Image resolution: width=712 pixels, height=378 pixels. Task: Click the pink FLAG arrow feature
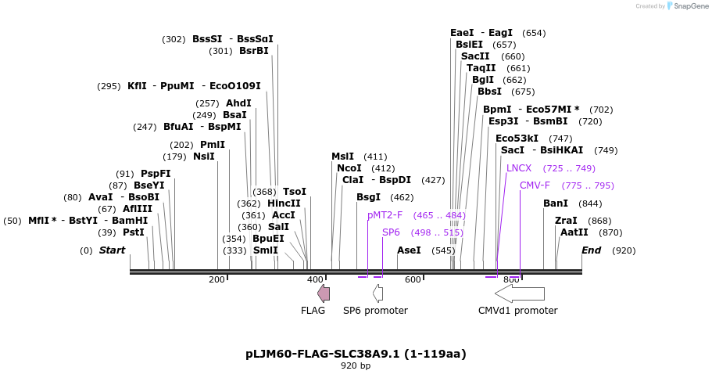pos(324,293)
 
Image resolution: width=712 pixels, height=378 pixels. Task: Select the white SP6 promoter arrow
pos(377,293)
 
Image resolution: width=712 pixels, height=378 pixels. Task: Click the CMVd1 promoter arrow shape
pos(520,293)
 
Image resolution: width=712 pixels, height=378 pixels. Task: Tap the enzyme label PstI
pos(134,232)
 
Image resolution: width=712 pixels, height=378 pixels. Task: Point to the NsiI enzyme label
pos(204,157)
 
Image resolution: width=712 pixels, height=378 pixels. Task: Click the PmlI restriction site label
pos(213,145)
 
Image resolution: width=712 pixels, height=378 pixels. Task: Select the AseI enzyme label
pos(410,250)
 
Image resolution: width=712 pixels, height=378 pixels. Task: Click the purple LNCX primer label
pos(519,168)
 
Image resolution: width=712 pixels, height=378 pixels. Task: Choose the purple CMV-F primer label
pos(535,185)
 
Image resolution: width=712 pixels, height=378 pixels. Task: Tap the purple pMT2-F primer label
pos(385,215)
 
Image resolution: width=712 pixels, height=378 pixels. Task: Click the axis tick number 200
pos(216,279)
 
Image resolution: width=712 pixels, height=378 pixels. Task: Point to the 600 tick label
pos(413,279)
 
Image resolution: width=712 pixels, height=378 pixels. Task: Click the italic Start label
pos(112,250)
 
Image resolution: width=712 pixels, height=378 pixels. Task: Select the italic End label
pos(592,250)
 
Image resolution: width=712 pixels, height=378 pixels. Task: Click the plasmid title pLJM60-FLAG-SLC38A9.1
pos(356,354)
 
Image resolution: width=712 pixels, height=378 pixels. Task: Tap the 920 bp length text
pos(356,365)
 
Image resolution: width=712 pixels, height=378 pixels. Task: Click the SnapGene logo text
pos(691,6)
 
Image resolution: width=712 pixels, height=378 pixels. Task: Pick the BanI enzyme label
pos(556,203)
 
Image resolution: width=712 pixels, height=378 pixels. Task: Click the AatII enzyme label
pos(574,232)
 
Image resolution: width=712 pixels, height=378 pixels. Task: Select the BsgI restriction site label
pos(369,197)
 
